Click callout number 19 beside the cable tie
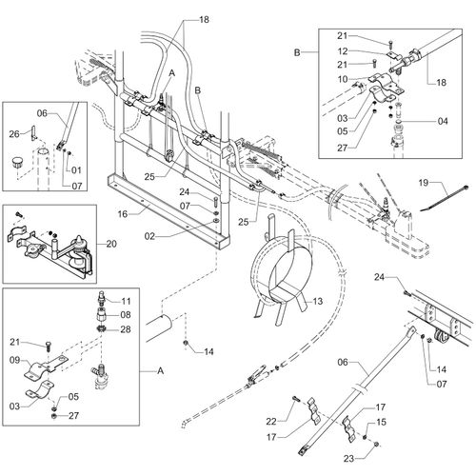pyautogui.click(x=424, y=183)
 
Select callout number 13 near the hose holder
pyautogui.click(x=318, y=301)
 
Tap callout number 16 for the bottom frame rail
pyautogui.click(x=123, y=214)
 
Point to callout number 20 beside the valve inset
pyautogui.click(x=111, y=244)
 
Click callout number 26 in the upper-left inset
pyautogui.click(x=14, y=134)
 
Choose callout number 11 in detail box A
pyautogui.click(x=126, y=301)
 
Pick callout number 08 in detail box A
pyautogui.click(x=126, y=315)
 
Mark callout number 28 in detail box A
pyautogui.click(x=126, y=329)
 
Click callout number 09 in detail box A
pyautogui.click(x=14, y=360)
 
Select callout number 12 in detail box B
pyautogui.click(x=343, y=51)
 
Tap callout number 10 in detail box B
pyautogui.click(x=343, y=79)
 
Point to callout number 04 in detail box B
pyautogui.click(x=443, y=121)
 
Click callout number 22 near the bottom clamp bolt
pyautogui.click(x=271, y=422)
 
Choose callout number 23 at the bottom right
pyautogui.click(x=348, y=459)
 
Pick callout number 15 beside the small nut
pyautogui.click(x=382, y=422)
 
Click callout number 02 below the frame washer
pyautogui.click(x=149, y=236)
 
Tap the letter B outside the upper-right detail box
pyautogui.click(x=297, y=52)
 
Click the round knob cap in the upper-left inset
pyautogui.click(x=16, y=164)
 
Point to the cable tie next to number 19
pyautogui.click(x=445, y=198)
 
